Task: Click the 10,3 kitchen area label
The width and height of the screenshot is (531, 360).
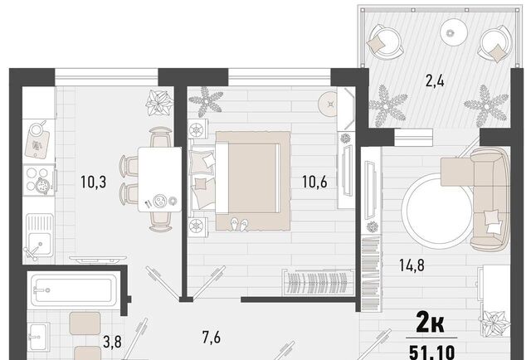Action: click(x=94, y=182)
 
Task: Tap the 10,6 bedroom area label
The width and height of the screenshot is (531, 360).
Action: click(x=315, y=182)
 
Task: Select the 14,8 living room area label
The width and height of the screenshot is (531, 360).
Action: click(x=412, y=265)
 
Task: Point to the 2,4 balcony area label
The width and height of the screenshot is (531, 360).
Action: click(x=435, y=81)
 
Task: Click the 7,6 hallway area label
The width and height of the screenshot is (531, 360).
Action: click(x=212, y=338)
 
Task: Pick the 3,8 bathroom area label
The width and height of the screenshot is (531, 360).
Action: click(x=112, y=342)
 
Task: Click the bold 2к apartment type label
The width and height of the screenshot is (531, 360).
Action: click(x=430, y=324)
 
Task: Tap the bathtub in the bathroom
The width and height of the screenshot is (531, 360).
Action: click(x=74, y=289)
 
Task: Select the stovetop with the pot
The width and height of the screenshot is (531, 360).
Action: click(x=39, y=180)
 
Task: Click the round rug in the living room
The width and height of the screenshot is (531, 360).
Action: click(x=440, y=211)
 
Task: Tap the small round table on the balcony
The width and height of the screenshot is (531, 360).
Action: click(x=454, y=32)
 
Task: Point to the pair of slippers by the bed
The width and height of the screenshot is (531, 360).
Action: click(x=240, y=225)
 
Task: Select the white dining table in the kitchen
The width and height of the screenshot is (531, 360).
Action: click(x=160, y=179)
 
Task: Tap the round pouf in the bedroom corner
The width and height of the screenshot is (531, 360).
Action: click(x=330, y=104)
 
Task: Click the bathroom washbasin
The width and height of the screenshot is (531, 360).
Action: click(x=39, y=336)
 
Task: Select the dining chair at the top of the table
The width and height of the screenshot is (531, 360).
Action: click(x=160, y=137)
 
